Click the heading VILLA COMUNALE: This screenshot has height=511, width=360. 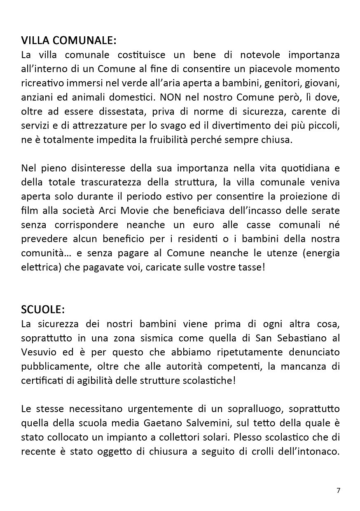pyautogui.click(x=69, y=41)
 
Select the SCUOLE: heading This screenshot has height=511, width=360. pyautogui.click(x=43, y=309)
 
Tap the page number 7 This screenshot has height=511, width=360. pyautogui.click(x=339, y=490)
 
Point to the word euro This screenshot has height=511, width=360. pyautogui.click(x=197, y=225)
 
